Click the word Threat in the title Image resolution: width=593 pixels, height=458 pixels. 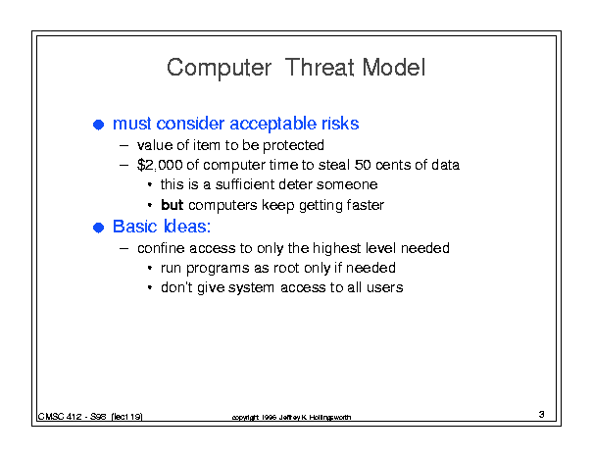point(320,68)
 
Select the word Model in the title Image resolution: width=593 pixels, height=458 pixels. point(393,68)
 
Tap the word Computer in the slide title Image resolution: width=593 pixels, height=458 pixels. point(219,69)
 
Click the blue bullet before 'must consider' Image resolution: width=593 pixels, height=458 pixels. point(98,125)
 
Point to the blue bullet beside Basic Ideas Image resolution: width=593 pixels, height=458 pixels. point(98,228)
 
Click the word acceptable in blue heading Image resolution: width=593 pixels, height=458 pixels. point(273,125)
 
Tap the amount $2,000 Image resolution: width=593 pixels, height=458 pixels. point(160,165)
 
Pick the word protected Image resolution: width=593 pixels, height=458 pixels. point(293,146)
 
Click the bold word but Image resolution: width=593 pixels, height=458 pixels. point(173,205)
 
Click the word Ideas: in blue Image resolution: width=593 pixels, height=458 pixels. point(187,227)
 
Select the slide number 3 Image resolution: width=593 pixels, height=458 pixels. point(542,414)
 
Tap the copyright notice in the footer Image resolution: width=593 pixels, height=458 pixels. point(291,417)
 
